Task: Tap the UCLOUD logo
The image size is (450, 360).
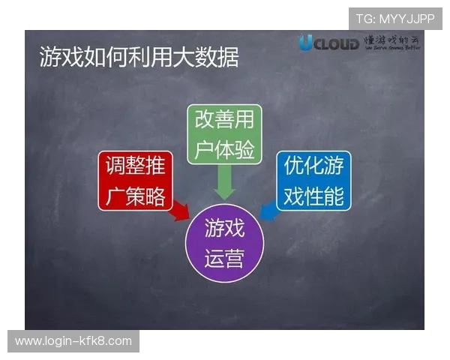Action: pyautogui.click(x=329, y=43)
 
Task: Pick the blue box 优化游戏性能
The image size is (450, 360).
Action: pyautogui.click(x=313, y=181)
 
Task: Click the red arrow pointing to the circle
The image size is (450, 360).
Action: pyautogui.click(x=178, y=214)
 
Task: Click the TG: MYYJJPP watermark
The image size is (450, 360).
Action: pyautogui.click(x=395, y=19)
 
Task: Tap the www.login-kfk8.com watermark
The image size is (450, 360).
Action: pyautogui.click(x=73, y=341)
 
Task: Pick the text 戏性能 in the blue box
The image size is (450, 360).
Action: pyautogui.click(x=313, y=196)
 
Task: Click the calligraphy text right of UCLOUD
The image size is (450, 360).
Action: pyautogui.click(x=392, y=43)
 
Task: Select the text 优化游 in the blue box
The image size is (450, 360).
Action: pyautogui.click(x=313, y=166)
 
